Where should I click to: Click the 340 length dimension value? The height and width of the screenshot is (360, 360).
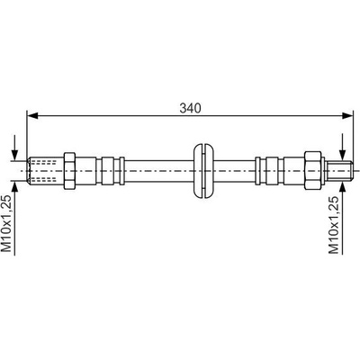click(x=190, y=108)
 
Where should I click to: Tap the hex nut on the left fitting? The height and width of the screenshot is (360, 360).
click(x=69, y=171)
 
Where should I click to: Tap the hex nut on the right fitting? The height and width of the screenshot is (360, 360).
click(x=313, y=171)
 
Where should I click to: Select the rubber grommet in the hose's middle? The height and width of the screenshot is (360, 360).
click(x=203, y=171)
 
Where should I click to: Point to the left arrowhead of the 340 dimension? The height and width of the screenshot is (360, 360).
click(x=32, y=115)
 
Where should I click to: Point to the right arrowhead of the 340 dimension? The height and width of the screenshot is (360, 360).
click(x=346, y=115)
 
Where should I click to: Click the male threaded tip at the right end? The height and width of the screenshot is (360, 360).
click(x=339, y=171)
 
